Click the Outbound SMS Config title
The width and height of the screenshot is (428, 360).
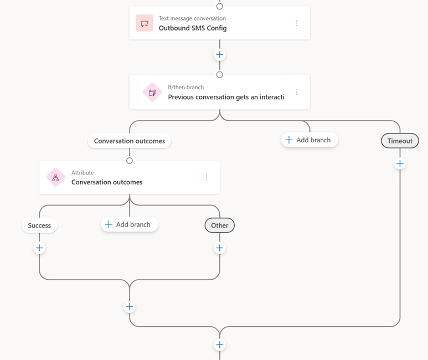193,28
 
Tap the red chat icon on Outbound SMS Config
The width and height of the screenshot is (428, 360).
145,23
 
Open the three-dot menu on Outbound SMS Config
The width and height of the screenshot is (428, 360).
296,23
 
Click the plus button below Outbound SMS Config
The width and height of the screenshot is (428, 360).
219,55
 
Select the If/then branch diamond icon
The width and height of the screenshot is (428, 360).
152,92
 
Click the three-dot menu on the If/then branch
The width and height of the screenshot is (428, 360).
296,92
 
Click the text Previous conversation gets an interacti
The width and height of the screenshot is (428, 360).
226,97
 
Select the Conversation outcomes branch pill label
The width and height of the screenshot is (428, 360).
130,141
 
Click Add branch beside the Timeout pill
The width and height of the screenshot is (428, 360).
310,140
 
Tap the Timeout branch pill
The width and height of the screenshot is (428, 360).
400,141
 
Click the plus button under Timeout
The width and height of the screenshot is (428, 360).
400,163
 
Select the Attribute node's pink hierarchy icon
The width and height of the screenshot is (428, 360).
56,178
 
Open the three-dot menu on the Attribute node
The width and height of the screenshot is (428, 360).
207,177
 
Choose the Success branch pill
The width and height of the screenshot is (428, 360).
39,225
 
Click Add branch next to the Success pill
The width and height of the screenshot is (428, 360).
130,224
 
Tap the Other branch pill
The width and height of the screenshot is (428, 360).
219,225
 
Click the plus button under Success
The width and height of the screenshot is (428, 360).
39,248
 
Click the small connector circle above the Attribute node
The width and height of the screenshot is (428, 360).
130,161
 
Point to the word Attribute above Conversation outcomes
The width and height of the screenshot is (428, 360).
82,173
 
